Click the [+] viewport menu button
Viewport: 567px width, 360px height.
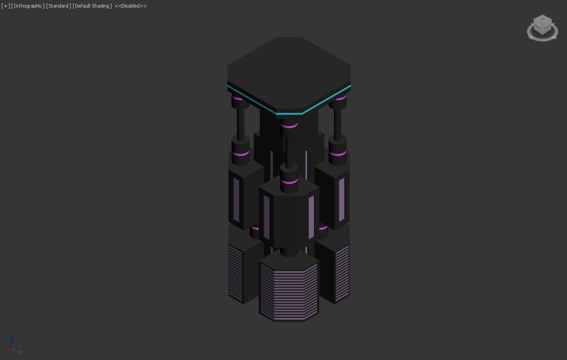click(x=5, y=6)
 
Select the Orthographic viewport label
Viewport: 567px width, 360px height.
click(x=28, y=6)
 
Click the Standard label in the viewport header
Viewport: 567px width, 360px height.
click(x=58, y=6)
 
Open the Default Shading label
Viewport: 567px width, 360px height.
click(x=92, y=6)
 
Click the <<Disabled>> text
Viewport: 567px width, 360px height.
click(x=131, y=6)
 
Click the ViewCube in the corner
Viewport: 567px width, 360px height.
click(x=542, y=26)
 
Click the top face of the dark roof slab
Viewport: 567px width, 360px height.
click(x=289, y=72)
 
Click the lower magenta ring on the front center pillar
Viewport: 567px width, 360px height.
click(x=289, y=182)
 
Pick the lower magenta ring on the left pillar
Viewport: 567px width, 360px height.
click(x=241, y=154)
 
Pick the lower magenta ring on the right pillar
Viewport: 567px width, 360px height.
click(x=338, y=154)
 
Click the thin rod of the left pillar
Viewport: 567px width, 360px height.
click(x=241, y=123)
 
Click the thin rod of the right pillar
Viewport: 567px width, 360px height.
click(x=338, y=123)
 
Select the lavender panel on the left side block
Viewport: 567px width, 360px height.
click(x=236, y=200)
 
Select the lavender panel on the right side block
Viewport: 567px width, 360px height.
click(x=342, y=200)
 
